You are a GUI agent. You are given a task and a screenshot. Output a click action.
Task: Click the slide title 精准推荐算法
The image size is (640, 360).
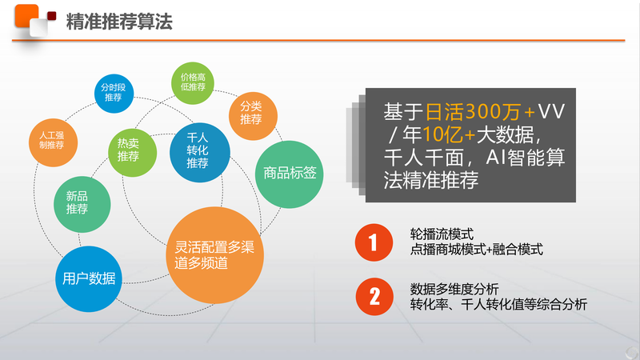tap(119, 22)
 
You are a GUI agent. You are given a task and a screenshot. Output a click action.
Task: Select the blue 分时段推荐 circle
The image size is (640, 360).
tap(114, 93)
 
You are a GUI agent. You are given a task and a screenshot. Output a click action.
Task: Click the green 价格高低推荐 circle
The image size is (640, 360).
tap(193, 83)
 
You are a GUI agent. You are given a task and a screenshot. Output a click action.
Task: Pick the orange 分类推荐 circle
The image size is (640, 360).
tap(253, 116)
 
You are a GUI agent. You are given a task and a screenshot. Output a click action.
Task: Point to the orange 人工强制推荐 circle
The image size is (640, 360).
tap(53, 142)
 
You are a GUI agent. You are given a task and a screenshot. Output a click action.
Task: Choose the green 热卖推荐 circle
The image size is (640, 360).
tap(132, 152)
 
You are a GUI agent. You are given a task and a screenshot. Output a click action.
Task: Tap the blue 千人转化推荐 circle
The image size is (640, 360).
tap(199, 152)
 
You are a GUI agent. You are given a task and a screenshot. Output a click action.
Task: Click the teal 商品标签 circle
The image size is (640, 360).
tap(289, 174)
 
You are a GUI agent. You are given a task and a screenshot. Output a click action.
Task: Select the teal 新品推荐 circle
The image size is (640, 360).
tap(82, 204)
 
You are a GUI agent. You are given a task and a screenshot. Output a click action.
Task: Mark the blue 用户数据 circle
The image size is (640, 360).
tap(89, 278)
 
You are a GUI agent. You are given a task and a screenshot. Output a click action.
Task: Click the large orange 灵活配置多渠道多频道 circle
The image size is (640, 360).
tap(214, 255)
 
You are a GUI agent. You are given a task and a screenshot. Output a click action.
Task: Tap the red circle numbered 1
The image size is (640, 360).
tap(374, 242)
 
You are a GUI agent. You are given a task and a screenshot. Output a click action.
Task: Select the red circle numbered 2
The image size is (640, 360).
tap(374, 297)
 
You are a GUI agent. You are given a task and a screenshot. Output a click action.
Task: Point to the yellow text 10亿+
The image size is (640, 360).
tap(449, 134)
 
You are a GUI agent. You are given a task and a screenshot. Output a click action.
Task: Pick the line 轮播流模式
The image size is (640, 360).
tap(442, 234)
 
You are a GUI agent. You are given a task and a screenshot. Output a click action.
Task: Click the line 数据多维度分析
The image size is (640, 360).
tap(454, 289)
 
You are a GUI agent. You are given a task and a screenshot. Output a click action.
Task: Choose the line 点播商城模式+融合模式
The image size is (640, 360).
tap(476, 249)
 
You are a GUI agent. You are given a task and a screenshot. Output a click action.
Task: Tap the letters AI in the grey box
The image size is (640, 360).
tap(495, 158)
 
